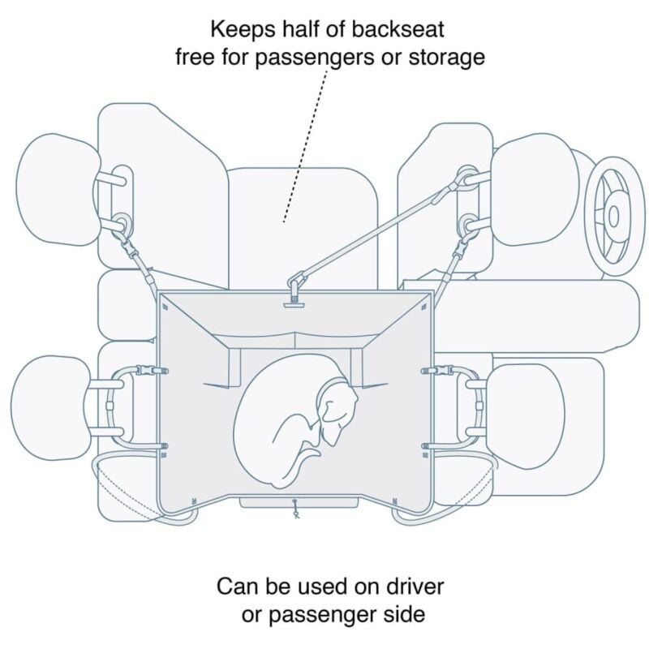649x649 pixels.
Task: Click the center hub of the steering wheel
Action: tap(614, 215)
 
